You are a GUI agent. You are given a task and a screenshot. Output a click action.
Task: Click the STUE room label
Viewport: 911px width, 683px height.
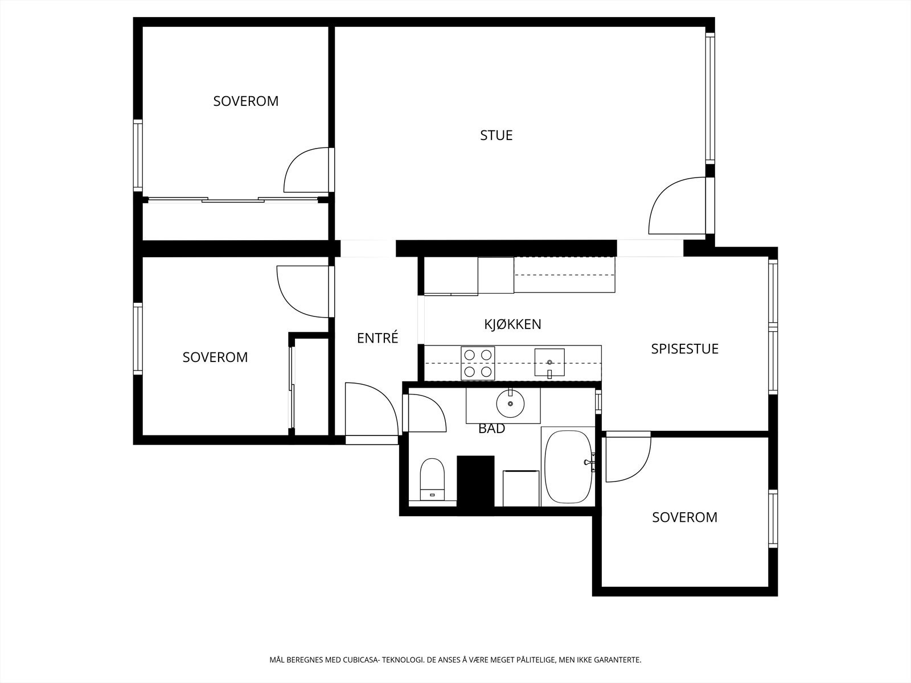coord(496,135)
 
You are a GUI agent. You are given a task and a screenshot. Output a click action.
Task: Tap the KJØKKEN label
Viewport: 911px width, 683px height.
coord(512,324)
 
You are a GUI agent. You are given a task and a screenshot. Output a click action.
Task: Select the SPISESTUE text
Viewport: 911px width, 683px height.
coord(684,349)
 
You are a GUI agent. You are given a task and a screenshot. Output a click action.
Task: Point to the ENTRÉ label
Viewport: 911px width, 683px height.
coord(377,338)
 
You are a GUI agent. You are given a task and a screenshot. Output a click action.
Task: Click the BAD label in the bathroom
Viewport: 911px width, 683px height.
coord(491,429)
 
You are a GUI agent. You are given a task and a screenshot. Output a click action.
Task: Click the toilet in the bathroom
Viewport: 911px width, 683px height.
coord(432,479)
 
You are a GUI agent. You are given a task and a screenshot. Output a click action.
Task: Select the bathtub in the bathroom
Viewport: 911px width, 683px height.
coord(568,467)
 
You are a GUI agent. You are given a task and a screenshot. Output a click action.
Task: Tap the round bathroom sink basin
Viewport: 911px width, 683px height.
coord(510,403)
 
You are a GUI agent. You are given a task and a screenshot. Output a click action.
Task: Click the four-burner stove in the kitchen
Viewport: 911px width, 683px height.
coord(478,363)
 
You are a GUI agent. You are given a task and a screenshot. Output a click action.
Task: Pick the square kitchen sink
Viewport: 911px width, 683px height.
coord(549,363)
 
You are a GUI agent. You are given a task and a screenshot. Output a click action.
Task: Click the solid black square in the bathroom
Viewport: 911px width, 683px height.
coord(475,481)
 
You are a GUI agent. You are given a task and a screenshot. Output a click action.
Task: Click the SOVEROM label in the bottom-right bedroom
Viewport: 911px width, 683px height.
coord(684,517)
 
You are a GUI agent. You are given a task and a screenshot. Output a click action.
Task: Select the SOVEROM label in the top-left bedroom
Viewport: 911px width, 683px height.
coord(246,101)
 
